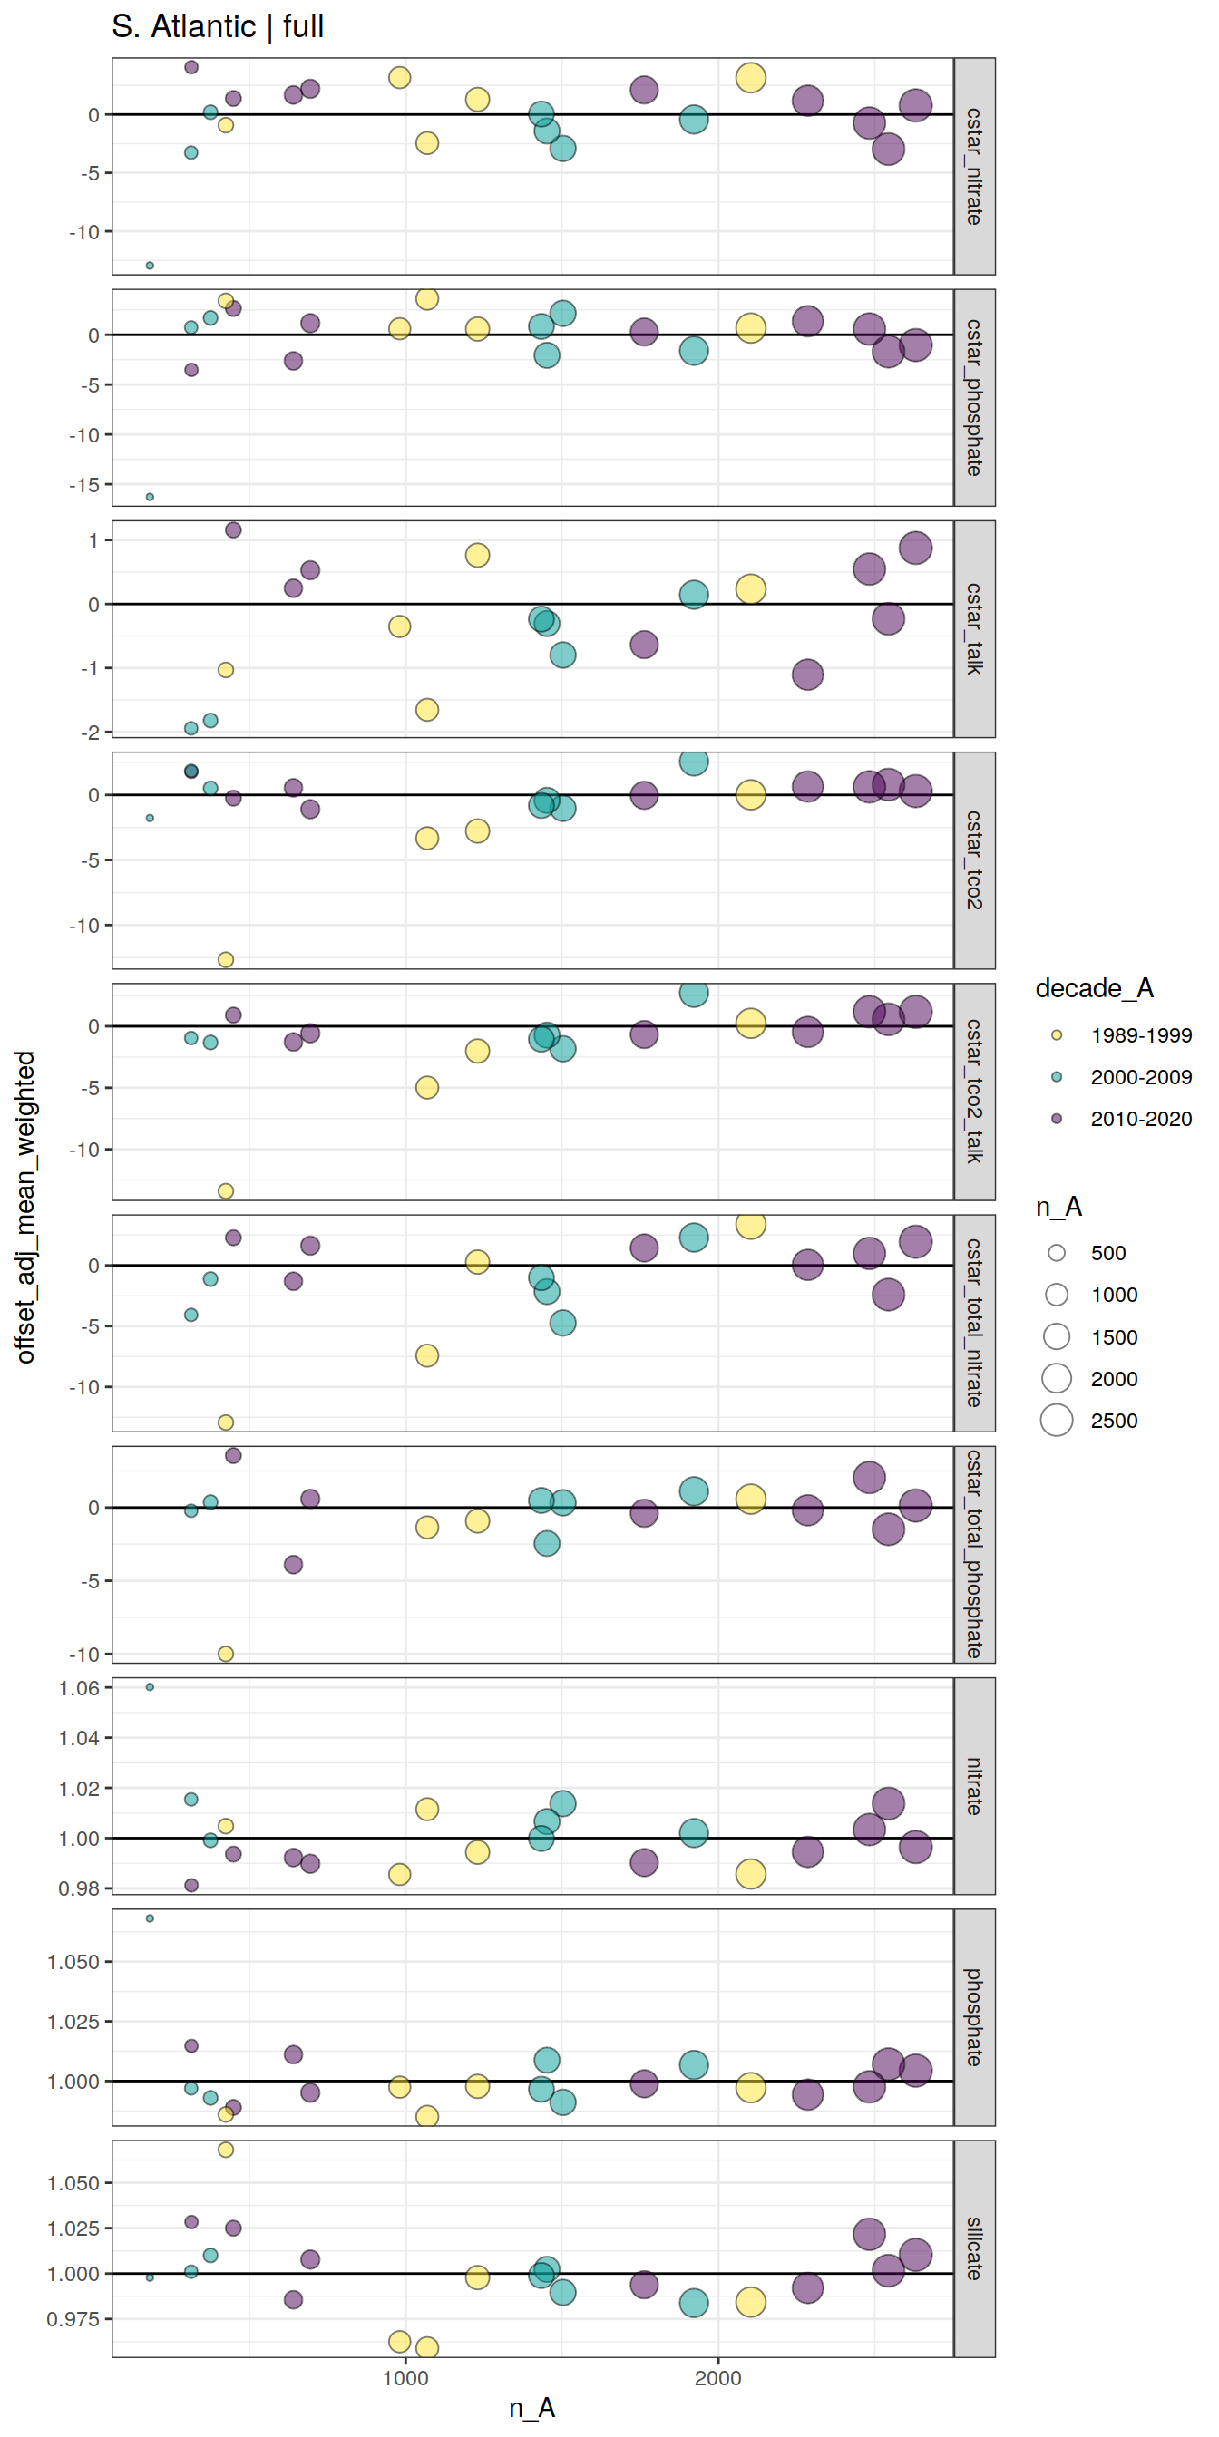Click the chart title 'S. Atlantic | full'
218,26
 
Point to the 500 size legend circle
1058,1253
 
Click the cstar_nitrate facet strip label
974,167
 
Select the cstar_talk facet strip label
974,629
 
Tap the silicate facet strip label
974,2248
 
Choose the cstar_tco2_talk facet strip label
974,1092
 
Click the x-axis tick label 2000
718,2377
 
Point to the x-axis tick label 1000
406,2377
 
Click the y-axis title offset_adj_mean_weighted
25,1207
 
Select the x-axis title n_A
531,2408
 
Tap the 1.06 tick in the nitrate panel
79,1688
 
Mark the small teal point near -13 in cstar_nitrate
150,266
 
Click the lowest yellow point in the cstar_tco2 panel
225,959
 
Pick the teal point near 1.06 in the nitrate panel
150,1687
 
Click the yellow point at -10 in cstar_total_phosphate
225,1654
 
